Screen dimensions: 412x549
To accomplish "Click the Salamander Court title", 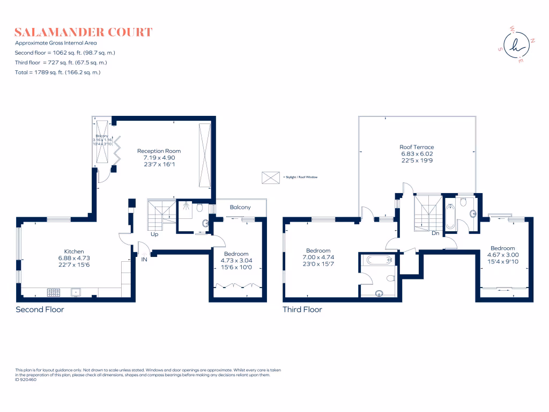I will (83, 32).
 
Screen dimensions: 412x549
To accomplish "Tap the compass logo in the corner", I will (517, 47).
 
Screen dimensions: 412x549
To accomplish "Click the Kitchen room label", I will (74, 251).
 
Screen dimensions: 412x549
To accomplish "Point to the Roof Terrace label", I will (417, 146).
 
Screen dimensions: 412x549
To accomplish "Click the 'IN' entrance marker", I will (144, 259).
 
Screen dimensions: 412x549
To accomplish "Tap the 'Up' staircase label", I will (154, 234).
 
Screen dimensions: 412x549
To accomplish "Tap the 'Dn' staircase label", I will (435, 233).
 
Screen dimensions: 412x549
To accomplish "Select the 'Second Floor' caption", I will (40, 310).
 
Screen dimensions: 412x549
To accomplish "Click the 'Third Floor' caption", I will (302, 310).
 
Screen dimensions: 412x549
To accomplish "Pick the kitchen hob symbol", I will (54, 292).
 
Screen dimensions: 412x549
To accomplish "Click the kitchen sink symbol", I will (76, 292).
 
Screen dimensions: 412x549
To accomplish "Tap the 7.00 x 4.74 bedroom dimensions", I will (318, 257).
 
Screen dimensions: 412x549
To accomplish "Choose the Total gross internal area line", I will (58, 72).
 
